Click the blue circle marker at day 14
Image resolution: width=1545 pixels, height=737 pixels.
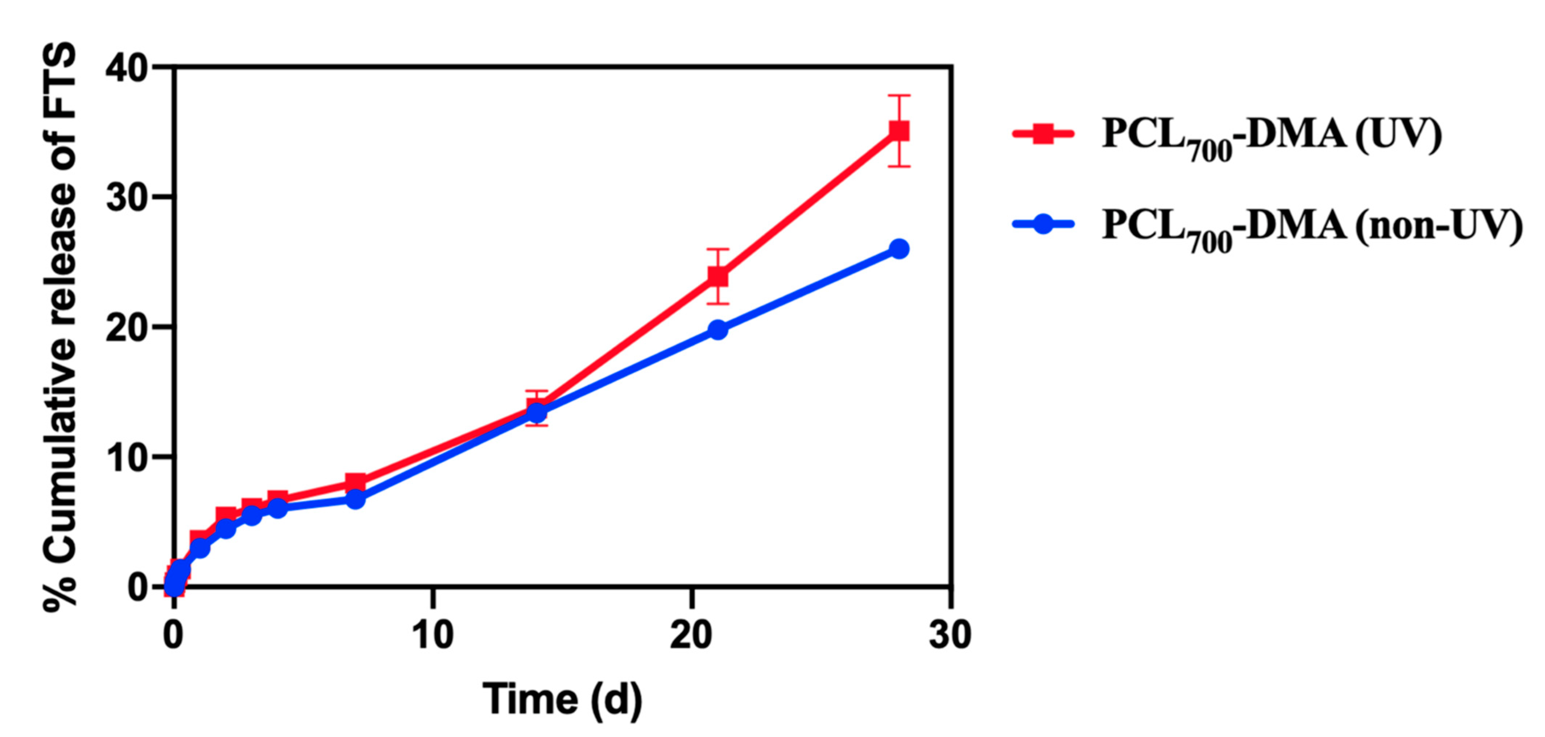pos(537,413)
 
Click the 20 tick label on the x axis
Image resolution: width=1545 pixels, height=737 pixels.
pos(692,634)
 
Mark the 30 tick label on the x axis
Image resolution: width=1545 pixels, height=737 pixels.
pos(950,634)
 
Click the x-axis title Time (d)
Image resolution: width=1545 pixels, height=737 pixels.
pos(562,699)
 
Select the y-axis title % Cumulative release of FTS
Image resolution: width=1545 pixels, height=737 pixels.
pos(60,327)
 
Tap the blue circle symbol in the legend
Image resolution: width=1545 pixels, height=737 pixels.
pos(1043,225)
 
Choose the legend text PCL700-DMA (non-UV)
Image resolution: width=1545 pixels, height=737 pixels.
pos(1312,228)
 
